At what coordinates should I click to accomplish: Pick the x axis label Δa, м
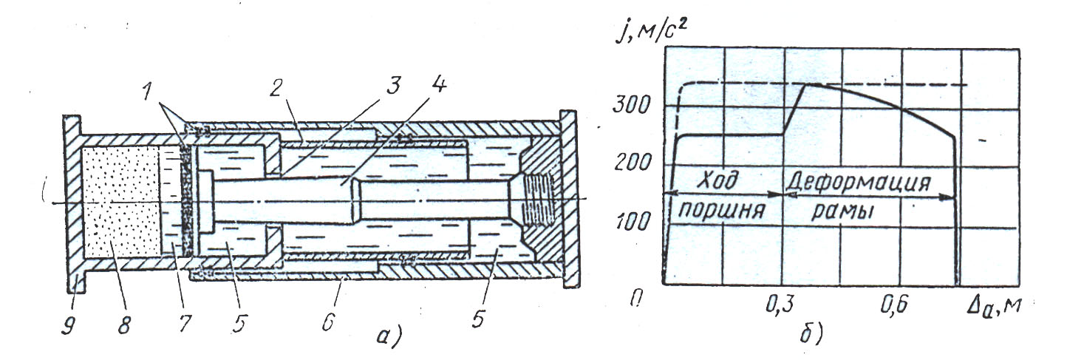point(992,305)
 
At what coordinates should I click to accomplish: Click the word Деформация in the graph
point(856,180)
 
